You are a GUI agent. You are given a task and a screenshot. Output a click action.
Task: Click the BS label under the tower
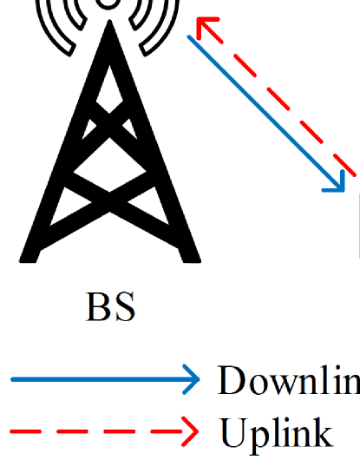tap(111, 308)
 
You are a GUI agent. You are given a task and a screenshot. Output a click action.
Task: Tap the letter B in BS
tap(99, 308)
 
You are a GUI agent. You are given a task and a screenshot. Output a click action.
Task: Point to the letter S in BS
tap(125, 308)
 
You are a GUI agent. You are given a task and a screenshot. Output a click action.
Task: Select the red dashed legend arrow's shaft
tap(95, 429)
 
